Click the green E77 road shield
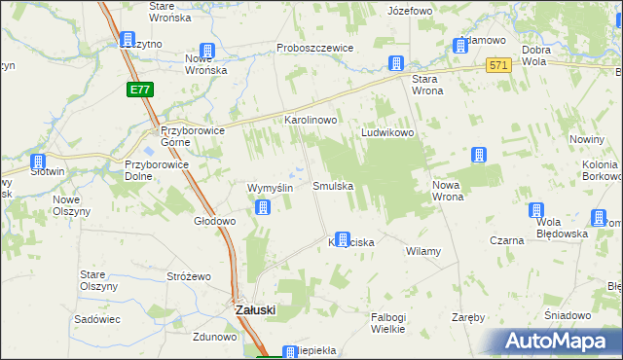(138, 90)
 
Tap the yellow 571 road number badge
(499, 65)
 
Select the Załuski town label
(257, 309)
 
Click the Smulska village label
(332, 185)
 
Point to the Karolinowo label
(310, 120)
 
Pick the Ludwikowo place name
(389, 132)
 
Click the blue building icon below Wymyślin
(263, 206)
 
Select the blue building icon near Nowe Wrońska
(206, 52)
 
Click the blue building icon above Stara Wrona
(396, 63)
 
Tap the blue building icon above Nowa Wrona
(478, 155)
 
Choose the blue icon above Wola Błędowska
(535, 210)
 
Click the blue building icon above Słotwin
(38, 162)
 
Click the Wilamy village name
(423, 251)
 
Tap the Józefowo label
(409, 11)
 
